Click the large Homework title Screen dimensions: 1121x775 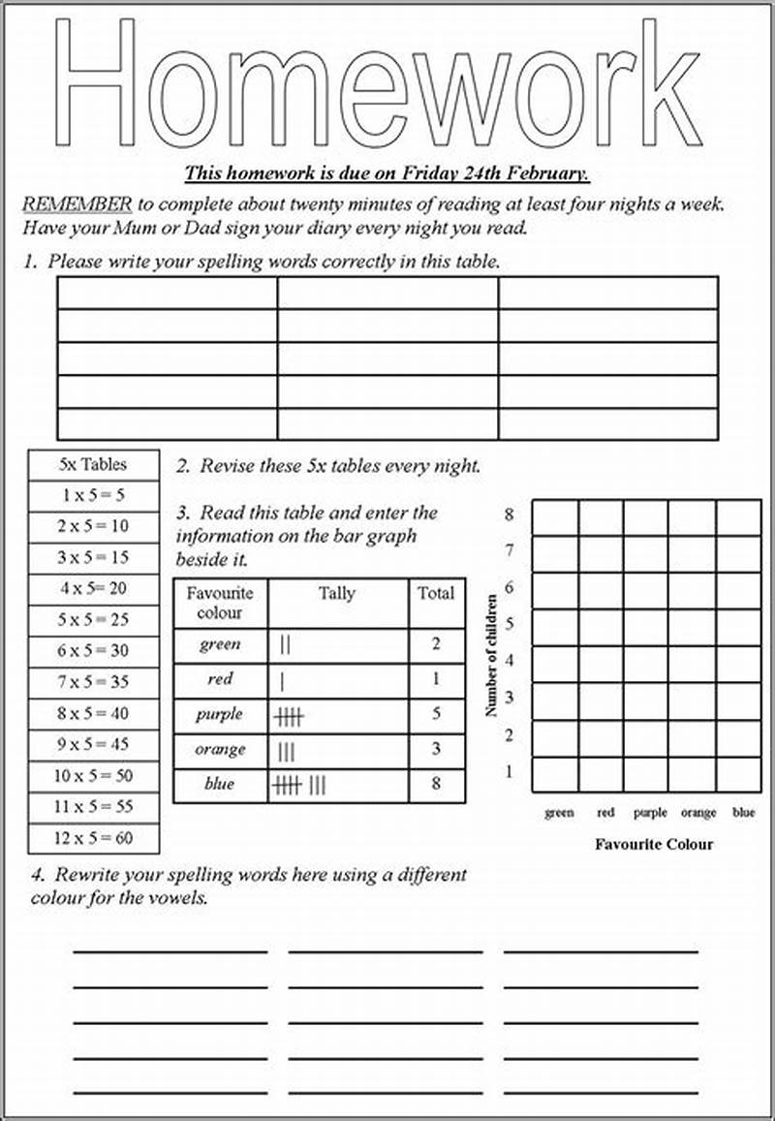378,82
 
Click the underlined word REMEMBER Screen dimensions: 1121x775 77,204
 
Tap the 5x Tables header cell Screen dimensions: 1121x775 93,464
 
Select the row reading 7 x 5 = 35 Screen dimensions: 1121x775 93,681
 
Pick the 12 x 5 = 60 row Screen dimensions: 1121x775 93,838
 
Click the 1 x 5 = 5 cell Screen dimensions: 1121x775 93,495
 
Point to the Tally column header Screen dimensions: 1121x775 337,594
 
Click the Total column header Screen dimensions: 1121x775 436,594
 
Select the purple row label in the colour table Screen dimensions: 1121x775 220,715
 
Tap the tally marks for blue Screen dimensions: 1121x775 301,785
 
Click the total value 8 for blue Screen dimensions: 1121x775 436,784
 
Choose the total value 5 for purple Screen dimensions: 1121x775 436,715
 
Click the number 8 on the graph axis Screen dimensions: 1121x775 509,514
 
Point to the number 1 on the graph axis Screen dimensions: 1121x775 509,772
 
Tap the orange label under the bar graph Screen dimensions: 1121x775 698,814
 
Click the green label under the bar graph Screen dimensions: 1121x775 559,814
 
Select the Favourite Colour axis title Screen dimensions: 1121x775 654,844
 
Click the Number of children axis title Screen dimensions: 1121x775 492,657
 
